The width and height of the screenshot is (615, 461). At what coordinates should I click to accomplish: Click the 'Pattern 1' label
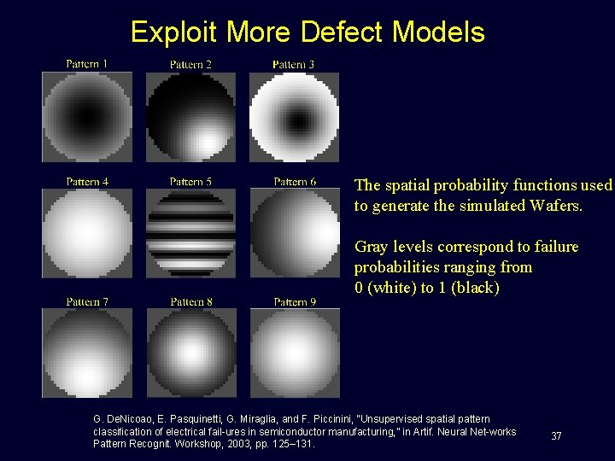(87, 64)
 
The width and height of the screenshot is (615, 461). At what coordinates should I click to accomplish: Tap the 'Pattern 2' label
(190, 64)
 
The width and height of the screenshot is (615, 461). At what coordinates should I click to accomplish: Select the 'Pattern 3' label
(294, 64)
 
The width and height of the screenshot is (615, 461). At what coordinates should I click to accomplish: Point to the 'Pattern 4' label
(87, 182)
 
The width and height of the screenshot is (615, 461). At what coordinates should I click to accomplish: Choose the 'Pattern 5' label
(190, 182)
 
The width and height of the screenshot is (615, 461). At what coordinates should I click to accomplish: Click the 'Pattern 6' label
(295, 182)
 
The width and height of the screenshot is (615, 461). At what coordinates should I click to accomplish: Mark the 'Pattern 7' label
(87, 301)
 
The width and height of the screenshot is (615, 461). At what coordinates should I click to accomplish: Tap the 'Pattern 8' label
(190, 301)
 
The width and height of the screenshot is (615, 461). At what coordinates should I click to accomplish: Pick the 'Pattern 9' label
(295, 301)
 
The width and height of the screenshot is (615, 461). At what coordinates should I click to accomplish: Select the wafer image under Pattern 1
(87, 116)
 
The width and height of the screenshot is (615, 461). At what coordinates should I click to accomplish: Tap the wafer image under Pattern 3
(295, 116)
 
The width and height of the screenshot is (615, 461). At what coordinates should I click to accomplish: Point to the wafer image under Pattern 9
(295, 353)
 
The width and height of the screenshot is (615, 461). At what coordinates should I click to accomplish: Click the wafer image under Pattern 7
(87, 353)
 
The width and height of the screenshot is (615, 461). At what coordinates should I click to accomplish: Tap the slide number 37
(556, 436)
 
